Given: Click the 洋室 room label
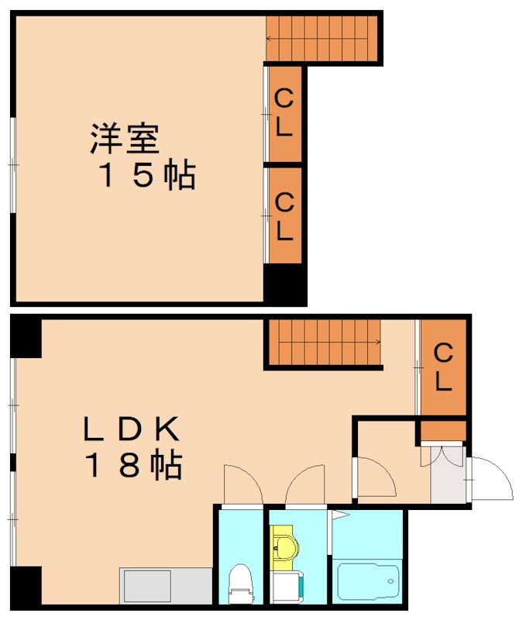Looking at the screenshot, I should [x=125, y=139].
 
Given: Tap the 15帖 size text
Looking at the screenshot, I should [x=145, y=177].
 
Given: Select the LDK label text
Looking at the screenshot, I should [x=132, y=428].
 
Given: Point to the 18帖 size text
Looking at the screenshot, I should [x=133, y=466].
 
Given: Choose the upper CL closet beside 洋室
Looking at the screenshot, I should [x=284, y=114].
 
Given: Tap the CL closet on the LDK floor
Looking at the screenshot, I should [x=442, y=367].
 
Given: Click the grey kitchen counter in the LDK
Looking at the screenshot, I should [x=165, y=586].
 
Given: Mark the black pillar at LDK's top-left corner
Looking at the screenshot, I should [x=26, y=337].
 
